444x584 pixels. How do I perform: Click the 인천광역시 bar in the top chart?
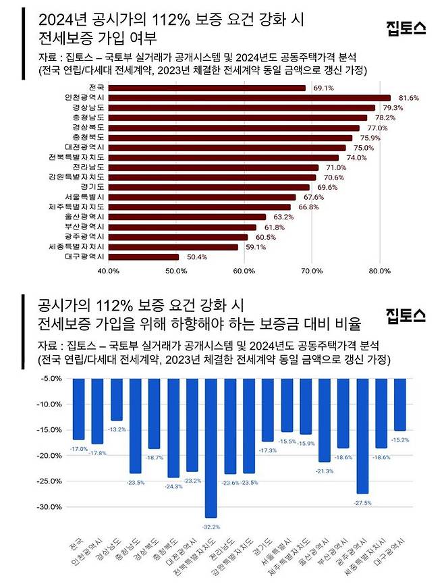click(249, 98)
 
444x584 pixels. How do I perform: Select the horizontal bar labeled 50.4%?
click(144, 257)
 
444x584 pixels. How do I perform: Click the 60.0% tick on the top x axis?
click(244, 271)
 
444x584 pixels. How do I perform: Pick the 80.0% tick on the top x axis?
click(380, 271)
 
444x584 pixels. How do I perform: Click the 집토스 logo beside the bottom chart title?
click(405, 315)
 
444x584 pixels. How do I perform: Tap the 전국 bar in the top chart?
click(206, 88)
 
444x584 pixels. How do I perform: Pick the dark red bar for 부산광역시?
click(182, 227)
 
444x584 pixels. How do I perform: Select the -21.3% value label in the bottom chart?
click(325, 471)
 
